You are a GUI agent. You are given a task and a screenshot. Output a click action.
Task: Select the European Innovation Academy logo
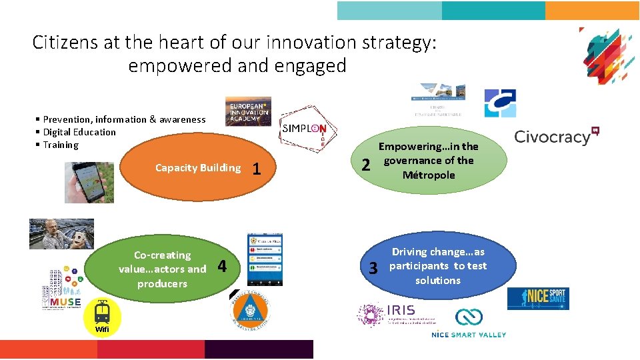[248, 111]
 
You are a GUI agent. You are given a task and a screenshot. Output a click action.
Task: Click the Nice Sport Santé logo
[538, 298]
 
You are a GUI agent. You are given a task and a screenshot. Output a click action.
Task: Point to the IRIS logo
[390, 314]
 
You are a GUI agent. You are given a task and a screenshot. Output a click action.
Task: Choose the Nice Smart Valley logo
[469, 323]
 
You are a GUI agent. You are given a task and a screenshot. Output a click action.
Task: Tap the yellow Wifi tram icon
[102, 315]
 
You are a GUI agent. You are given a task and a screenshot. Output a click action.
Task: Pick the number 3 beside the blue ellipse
[374, 268]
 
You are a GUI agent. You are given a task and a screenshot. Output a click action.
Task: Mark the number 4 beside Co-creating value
[223, 266]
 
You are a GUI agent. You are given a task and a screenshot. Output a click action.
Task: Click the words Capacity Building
[197, 168]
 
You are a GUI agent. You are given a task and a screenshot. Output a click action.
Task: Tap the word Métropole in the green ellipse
[429, 175]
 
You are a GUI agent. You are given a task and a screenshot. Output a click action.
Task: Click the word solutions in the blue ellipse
[437, 280]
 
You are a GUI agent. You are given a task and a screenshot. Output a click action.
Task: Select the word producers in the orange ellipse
[162, 283]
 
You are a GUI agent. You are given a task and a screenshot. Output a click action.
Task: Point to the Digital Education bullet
[79, 132]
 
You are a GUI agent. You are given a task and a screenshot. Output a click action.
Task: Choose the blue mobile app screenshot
[265, 259]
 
